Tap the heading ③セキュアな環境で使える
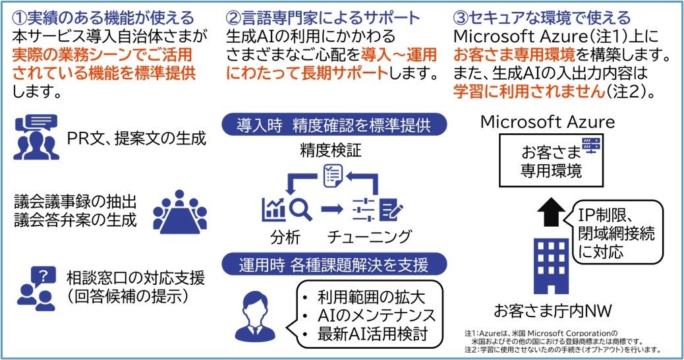tap(542, 17)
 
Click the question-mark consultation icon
tap(36, 287)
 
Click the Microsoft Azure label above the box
tap(548, 122)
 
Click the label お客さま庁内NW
tap(548, 310)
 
